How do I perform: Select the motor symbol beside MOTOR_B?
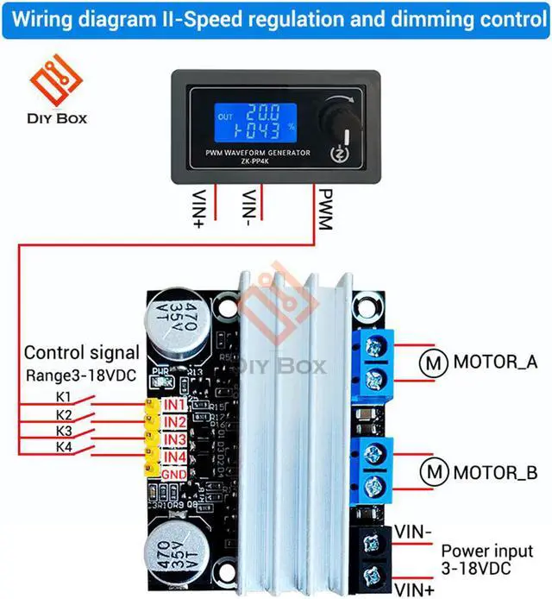[x=430, y=473]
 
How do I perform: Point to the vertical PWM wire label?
[x=324, y=210]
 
